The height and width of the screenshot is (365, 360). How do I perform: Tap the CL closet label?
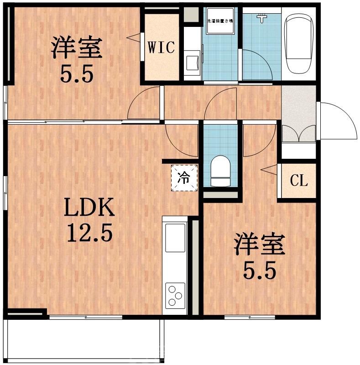coord(299,181)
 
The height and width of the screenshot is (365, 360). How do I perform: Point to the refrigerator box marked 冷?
coord(184,177)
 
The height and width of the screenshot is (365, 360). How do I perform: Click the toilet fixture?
coord(221,171)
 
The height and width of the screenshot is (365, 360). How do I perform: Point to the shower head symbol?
coord(261,18)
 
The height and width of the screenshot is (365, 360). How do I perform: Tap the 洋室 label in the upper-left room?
coord(76,48)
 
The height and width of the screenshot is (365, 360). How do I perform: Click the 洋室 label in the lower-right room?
coord(259,245)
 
